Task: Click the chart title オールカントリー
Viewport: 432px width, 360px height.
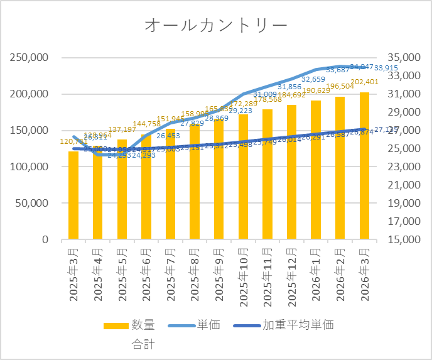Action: [x=215, y=25]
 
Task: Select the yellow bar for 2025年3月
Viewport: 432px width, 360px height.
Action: [x=73, y=195]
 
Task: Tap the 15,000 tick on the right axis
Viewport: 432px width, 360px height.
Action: [x=403, y=240]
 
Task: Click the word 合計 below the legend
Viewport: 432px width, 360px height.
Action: [x=143, y=344]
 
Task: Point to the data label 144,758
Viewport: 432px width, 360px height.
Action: [x=148, y=124]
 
